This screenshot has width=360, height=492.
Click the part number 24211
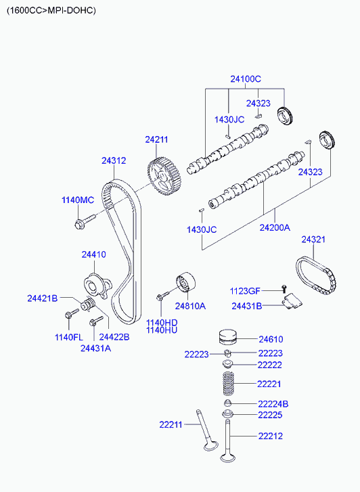(x=156, y=139)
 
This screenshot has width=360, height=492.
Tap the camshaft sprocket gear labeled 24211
(x=164, y=177)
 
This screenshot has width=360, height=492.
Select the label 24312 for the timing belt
(x=114, y=160)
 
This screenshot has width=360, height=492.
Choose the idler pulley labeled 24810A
(x=185, y=282)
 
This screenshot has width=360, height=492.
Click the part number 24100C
(x=246, y=79)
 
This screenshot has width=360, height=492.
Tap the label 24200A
(x=275, y=227)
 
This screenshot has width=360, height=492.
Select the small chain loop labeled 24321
(x=316, y=276)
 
